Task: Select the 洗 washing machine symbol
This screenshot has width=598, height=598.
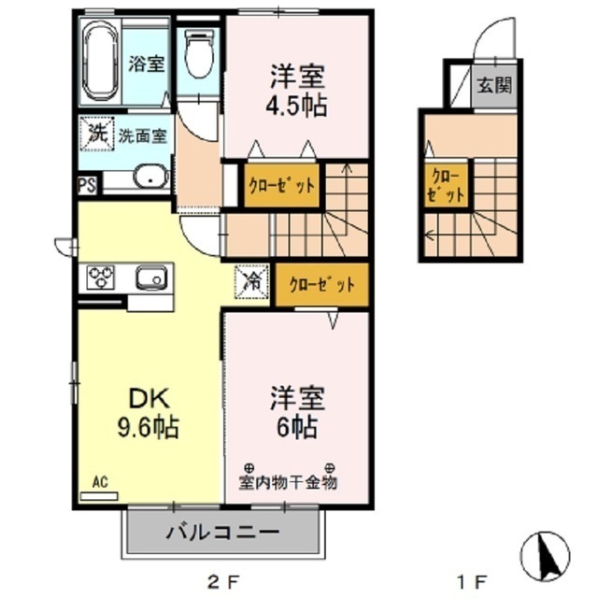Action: point(96,134)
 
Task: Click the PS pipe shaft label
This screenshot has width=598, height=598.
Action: point(87,185)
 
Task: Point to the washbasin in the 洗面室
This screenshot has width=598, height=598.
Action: point(151,177)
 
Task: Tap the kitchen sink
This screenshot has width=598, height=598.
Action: point(151,278)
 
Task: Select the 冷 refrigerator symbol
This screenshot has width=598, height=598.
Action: point(252,282)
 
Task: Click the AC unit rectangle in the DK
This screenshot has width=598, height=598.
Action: point(99,496)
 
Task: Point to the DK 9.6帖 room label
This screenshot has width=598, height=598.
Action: point(148,413)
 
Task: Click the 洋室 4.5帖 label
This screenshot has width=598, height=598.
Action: point(296,91)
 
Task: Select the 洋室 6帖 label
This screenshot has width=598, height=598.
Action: point(297,413)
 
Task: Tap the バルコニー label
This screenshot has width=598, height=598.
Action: point(222,532)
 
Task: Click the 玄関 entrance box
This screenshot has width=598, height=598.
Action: point(495,86)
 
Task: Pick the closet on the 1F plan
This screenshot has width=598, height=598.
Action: point(446,186)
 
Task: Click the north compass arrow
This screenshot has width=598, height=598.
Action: point(546,554)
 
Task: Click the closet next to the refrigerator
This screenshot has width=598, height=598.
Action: point(321,284)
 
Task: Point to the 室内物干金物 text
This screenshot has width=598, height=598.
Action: point(288,482)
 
